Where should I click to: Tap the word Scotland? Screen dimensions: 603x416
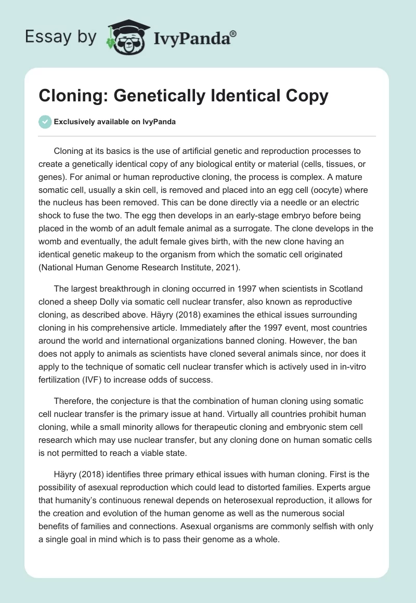[344, 289]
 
